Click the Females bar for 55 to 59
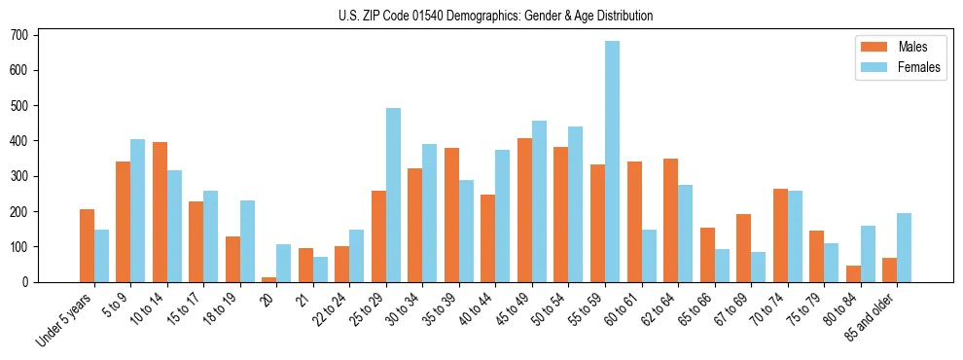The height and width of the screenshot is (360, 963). [x=612, y=162]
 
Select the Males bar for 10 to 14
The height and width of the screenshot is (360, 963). [x=160, y=212]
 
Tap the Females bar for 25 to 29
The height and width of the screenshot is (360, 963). [x=393, y=195]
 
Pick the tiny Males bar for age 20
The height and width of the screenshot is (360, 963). [x=269, y=279]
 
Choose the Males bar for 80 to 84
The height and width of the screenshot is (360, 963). [x=853, y=273]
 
